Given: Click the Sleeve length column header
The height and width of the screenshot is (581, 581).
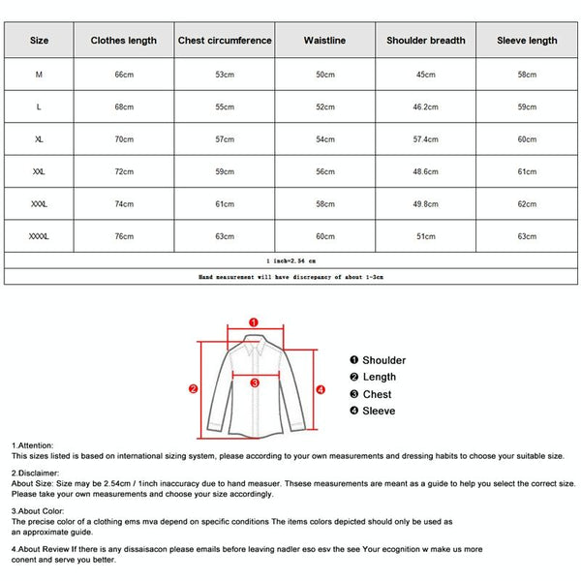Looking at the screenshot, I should [527, 41].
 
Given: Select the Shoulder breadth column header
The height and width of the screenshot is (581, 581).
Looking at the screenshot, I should [426, 41].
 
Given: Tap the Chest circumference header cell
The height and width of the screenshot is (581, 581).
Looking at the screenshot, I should [225, 41].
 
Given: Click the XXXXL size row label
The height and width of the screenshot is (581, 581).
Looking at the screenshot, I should [39, 235].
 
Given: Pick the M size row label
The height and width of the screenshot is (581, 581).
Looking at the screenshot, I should [39, 75].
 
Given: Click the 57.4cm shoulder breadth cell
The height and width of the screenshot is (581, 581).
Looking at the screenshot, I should [426, 139].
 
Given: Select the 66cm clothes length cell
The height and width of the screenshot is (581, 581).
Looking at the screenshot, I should [123, 75].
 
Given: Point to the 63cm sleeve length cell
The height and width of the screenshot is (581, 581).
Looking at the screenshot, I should [527, 235].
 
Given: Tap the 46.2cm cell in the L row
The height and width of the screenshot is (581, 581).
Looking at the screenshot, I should [426, 107].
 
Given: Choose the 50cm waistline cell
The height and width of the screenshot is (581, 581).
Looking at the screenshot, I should [324, 75].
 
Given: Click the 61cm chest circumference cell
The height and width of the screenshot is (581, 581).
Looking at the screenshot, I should [225, 203].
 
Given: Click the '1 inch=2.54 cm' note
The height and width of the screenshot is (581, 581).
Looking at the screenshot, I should [290, 260].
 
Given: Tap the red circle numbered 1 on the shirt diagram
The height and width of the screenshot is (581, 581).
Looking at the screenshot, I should [254, 321].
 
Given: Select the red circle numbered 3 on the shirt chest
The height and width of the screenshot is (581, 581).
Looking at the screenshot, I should [254, 382].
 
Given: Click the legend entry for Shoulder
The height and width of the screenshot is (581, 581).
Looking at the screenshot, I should [378, 360].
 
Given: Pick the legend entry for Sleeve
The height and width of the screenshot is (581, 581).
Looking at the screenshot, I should [372, 412].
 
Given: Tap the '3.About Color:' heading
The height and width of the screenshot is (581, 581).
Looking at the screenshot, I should [39, 510].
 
